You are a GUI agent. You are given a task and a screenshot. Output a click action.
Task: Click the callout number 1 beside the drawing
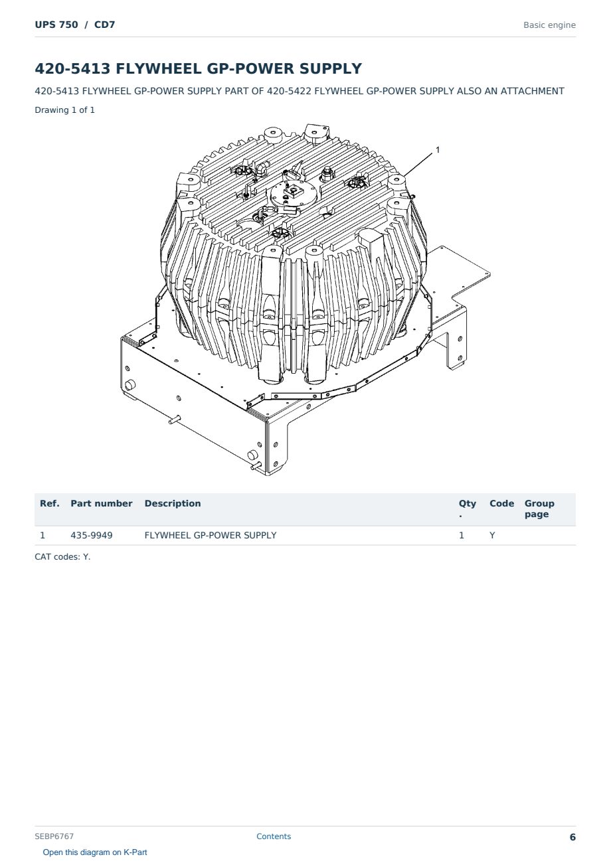coord(438,150)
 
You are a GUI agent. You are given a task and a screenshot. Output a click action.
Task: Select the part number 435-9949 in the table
coord(92,535)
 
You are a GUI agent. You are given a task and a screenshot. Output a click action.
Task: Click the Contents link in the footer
coord(274,836)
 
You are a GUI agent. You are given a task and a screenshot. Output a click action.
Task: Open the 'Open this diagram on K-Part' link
coord(95,852)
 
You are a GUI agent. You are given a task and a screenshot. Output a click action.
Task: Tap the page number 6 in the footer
coord(572,837)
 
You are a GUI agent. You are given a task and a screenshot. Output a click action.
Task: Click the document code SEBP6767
coord(54,836)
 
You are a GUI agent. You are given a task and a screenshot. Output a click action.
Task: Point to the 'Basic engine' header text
coord(549,25)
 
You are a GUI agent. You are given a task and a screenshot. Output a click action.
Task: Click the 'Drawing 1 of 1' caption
coord(65,110)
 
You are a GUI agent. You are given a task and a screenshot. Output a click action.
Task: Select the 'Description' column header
coord(173,504)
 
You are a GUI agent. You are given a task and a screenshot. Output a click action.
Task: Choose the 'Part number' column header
coord(102,504)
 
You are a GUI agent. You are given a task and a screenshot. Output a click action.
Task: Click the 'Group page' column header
coord(539,509)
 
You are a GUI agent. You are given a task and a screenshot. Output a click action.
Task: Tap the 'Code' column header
coord(501,504)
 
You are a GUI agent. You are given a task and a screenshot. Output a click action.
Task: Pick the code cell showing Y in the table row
coord(492,535)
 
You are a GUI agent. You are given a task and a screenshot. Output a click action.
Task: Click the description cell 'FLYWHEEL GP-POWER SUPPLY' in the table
coord(211,535)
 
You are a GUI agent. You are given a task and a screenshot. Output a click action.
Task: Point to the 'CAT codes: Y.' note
coord(62,557)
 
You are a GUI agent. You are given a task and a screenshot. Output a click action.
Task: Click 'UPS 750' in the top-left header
coord(56,25)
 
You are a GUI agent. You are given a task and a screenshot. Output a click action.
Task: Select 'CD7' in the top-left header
coord(104,25)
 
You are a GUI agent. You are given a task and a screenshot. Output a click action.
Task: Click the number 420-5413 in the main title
coord(72,68)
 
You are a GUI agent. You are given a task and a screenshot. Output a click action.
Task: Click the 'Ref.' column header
coord(50,504)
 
